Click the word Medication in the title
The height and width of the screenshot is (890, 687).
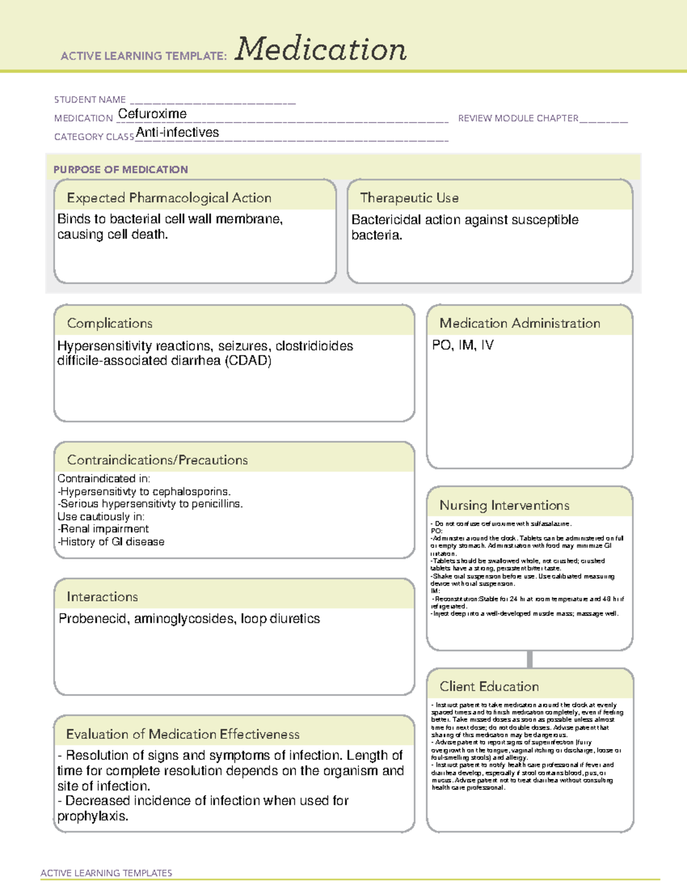point(321,49)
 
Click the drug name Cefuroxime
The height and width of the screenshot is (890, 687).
point(152,114)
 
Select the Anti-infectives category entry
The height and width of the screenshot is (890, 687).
point(177,132)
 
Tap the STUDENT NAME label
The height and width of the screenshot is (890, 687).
point(90,100)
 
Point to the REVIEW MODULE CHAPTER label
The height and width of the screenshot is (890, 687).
point(518,118)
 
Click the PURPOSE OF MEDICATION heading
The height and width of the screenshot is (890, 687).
point(120,170)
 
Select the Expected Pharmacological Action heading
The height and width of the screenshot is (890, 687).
point(169,198)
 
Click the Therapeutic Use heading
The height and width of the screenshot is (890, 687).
point(409,198)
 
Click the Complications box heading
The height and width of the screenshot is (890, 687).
point(109,323)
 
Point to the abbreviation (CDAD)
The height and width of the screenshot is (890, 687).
point(248,361)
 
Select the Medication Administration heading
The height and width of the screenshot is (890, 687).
point(519,323)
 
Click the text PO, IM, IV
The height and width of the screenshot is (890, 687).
point(463,345)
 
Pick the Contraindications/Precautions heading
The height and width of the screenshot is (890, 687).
point(157,460)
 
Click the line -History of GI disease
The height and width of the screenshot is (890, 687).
point(111,542)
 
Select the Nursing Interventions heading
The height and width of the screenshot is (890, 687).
point(504,505)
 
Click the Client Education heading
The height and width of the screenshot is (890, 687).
point(489,687)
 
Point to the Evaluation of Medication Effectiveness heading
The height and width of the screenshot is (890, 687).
point(183,734)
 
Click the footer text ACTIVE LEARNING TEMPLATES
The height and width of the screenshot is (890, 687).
point(106,873)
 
